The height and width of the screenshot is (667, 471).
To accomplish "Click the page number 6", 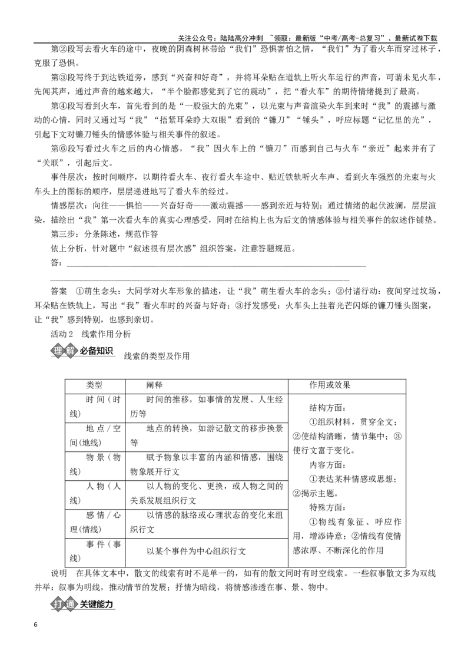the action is [x=36, y=625].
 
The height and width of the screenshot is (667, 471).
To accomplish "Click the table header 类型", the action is [x=94, y=385].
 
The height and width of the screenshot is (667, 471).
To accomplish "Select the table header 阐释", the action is [x=155, y=385].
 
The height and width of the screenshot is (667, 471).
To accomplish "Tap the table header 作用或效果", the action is [x=330, y=385].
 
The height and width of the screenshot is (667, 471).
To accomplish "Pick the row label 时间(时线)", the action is [x=95, y=407].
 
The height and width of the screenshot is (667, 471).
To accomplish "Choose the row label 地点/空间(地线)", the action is [x=95, y=435].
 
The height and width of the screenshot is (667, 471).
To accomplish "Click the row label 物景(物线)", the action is [x=95, y=464].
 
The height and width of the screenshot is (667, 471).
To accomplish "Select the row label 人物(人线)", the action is [x=95, y=493].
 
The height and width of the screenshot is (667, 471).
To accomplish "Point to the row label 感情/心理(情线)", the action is [x=95, y=523].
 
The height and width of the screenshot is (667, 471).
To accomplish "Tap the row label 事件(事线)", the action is [x=95, y=552].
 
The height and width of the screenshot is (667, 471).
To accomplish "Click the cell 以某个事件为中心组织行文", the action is [x=197, y=552].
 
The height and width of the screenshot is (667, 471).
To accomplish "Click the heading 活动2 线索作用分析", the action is [x=91, y=334].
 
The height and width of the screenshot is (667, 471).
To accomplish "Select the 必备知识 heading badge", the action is [x=82, y=351].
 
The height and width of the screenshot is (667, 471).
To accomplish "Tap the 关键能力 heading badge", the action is [x=82, y=604].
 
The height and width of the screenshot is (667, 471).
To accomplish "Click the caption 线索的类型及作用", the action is [x=157, y=356].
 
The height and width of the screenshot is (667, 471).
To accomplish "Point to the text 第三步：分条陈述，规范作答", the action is [x=104, y=234].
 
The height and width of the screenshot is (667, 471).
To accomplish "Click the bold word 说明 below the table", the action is [x=59, y=573].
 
